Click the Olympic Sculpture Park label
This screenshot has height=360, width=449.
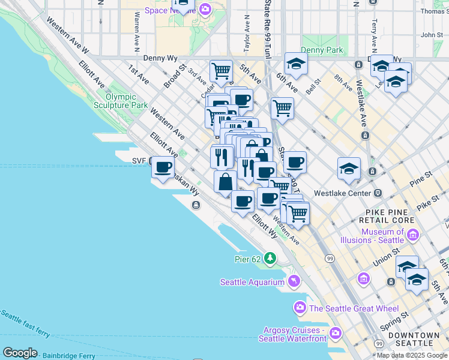(127, 101)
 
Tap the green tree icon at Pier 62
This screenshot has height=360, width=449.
(271, 258)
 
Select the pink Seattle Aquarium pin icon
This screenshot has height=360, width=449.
(294, 281)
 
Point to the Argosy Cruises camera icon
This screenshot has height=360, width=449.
(335, 332)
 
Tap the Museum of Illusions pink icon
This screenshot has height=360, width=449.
(412, 235)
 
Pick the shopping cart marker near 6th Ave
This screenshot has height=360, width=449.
(282, 109)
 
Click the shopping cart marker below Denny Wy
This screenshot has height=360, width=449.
(221, 71)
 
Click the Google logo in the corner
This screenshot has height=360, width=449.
(20, 353)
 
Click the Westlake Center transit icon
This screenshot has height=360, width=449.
(378, 193)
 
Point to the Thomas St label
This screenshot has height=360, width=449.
(434, 11)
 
